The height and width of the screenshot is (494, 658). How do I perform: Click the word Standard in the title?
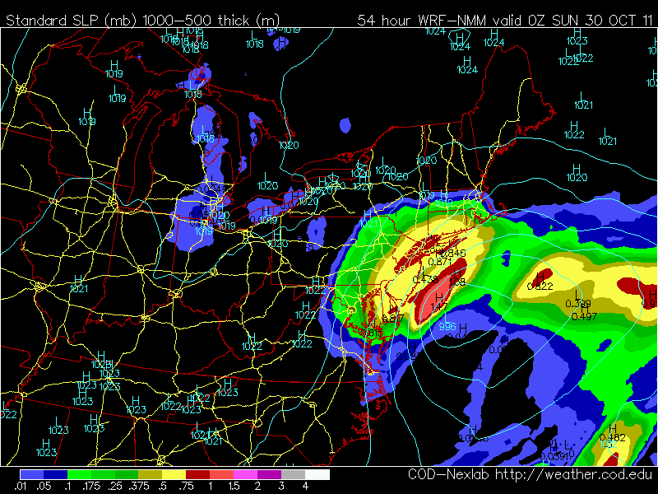pyautogui.click(x=35, y=19)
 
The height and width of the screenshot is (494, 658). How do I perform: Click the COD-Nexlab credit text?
pyautogui.click(x=449, y=475)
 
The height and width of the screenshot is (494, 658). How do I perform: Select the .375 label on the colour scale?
pyautogui.click(x=151, y=487)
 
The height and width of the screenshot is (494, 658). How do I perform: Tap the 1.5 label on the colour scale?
pyautogui.click(x=234, y=487)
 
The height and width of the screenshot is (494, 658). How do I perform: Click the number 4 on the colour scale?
pyautogui.click(x=305, y=487)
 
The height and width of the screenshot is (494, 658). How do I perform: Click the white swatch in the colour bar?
pyautogui.click(x=317, y=475)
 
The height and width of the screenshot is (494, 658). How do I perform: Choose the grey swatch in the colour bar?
pyautogui.click(x=294, y=475)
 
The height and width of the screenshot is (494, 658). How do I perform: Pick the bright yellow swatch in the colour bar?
pyautogui.click(x=174, y=475)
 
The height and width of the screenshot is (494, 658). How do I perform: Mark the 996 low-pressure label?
pyautogui.click(x=447, y=327)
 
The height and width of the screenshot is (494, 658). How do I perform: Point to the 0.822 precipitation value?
pyautogui.click(x=540, y=287)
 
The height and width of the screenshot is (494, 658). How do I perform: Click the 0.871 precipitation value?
pyautogui.click(x=442, y=261)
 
